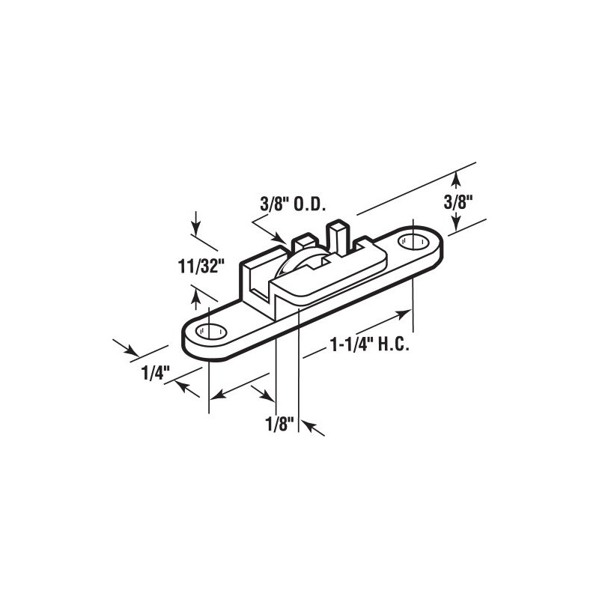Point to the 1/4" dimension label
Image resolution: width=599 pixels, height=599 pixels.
pyautogui.click(x=158, y=371)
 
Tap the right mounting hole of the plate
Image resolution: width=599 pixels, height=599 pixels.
pyautogui.click(x=410, y=242)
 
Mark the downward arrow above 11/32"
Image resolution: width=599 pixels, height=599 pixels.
pyautogui.click(x=195, y=226)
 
